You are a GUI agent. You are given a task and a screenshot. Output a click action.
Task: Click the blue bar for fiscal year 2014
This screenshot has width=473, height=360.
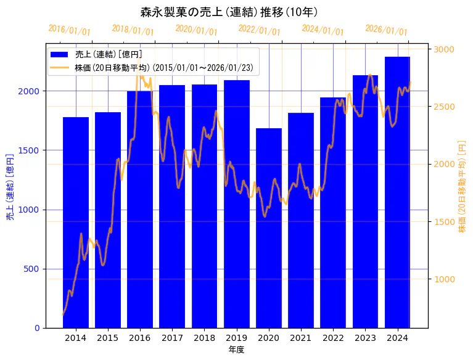(x=76, y=222)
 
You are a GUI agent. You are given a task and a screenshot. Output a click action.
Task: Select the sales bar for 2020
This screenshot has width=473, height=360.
(x=269, y=228)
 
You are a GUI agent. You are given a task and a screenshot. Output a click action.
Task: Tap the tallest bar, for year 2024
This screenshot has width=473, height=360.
(x=397, y=192)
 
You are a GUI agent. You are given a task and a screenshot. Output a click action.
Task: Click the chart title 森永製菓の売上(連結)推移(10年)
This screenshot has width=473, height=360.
(x=229, y=12)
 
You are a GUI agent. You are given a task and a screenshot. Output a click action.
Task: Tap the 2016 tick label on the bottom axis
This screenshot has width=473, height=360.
(x=140, y=338)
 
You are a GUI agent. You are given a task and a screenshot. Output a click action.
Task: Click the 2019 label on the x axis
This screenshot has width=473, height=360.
(x=237, y=338)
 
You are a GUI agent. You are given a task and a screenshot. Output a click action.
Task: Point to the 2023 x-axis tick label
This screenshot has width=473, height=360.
(x=365, y=338)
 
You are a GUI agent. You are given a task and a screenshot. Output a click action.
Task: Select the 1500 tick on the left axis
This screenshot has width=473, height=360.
(x=31, y=150)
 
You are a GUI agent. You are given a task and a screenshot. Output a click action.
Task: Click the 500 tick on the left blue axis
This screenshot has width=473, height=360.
(x=33, y=269)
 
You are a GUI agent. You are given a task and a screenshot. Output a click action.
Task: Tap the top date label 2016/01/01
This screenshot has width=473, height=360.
(x=69, y=30)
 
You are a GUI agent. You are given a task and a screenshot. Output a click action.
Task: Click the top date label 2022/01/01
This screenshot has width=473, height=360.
(x=259, y=30)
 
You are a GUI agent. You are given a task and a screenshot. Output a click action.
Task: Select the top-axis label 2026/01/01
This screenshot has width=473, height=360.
(x=386, y=30)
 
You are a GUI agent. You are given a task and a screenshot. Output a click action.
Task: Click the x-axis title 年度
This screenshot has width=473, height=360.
(x=236, y=350)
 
